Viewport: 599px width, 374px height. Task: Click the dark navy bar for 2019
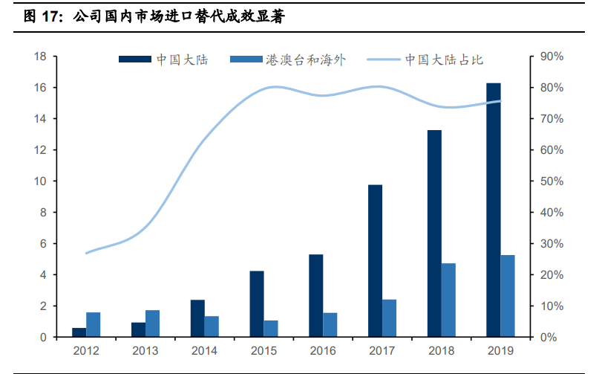(x=494, y=210)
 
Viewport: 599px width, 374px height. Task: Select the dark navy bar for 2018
(x=434, y=233)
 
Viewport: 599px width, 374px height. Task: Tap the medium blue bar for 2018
(x=448, y=300)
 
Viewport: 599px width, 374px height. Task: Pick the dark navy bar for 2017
(x=375, y=261)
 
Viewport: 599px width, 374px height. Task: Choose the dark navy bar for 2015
(x=257, y=304)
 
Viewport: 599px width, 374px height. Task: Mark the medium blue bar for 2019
(x=508, y=296)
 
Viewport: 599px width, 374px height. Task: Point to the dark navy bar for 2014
(x=197, y=318)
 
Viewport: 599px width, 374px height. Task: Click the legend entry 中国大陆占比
(x=444, y=60)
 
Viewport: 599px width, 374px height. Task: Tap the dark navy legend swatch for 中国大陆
(x=134, y=60)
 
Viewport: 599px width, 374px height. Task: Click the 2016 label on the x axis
(x=323, y=350)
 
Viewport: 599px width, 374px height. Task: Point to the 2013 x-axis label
(x=145, y=350)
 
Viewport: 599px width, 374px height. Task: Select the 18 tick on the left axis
(x=41, y=57)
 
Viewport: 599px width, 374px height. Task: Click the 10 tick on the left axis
(x=41, y=181)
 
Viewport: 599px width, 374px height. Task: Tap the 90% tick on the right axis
(x=552, y=57)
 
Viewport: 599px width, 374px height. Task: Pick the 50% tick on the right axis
(x=552, y=181)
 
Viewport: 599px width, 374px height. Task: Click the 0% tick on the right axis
(x=549, y=338)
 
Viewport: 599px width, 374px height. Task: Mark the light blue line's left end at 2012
(x=86, y=254)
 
